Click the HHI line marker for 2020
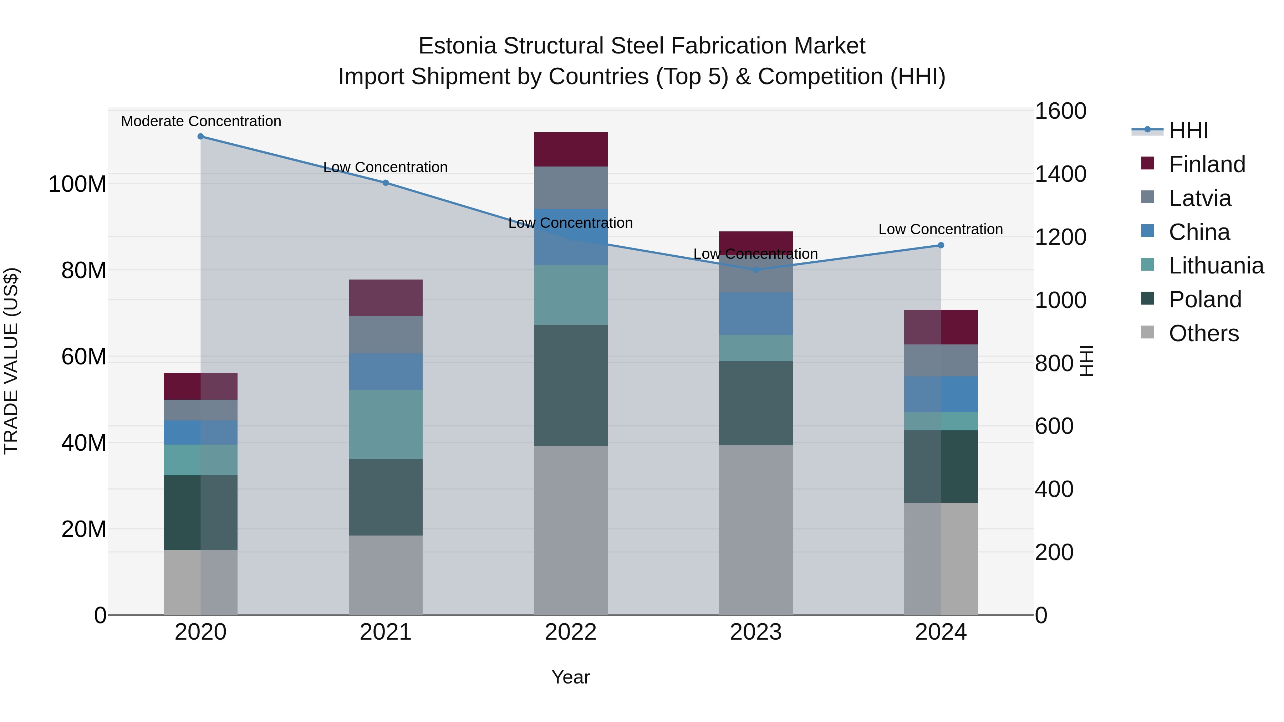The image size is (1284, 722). [200, 137]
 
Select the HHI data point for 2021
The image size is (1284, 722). [385, 183]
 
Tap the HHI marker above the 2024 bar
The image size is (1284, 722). [941, 245]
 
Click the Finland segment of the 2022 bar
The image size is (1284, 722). [570, 149]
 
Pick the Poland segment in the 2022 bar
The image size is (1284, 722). [570, 385]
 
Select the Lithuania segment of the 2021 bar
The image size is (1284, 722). [385, 425]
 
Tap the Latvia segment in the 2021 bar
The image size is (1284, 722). [385, 335]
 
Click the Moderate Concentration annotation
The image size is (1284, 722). [201, 121]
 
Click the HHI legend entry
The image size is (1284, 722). [1188, 130]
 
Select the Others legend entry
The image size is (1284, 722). [1203, 333]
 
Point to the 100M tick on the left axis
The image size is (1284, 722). [77, 184]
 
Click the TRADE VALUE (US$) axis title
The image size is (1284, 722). [11, 361]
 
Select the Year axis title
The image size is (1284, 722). [570, 677]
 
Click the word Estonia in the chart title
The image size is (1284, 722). [457, 46]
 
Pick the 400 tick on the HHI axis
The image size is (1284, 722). [1054, 489]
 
